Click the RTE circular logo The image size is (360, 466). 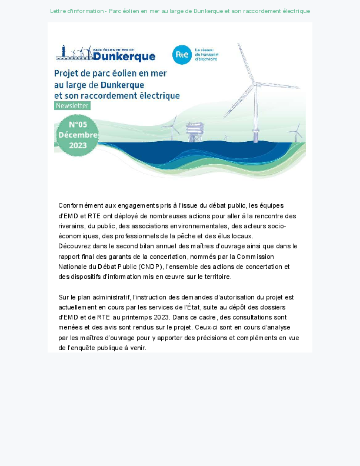[x=182, y=54]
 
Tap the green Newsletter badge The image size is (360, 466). [x=72, y=106]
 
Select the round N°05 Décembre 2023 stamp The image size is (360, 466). [x=77, y=135]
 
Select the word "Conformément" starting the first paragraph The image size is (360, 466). [x=81, y=205]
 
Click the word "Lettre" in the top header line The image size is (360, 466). [x=59, y=11]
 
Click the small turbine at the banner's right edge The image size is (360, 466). [x=298, y=132]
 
